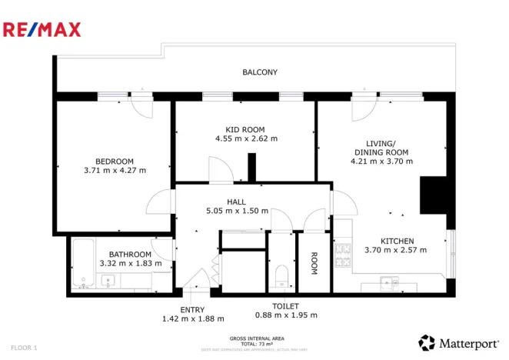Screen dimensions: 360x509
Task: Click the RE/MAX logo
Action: click(x=42, y=30)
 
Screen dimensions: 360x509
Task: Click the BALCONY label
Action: click(x=260, y=72)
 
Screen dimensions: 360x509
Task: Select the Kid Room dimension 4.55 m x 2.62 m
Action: click(x=246, y=139)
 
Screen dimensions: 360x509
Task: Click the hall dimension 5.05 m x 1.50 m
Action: click(x=237, y=211)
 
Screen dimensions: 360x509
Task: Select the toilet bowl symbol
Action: click(x=281, y=277)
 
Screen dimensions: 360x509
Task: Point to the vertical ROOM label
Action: click(x=314, y=263)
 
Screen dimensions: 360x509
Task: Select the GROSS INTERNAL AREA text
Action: click(x=257, y=338)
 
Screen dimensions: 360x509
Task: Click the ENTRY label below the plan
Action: click(x=192, y=309)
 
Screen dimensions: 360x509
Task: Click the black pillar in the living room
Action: click(x=432, y=195)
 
